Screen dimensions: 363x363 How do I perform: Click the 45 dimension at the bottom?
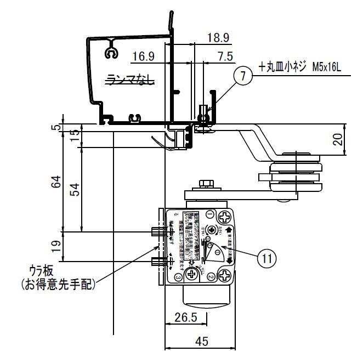point(201,341)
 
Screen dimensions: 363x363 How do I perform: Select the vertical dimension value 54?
point(76,189)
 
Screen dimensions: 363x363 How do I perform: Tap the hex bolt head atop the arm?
point(207,183)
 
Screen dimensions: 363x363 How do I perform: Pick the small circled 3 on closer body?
point(179,278)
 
